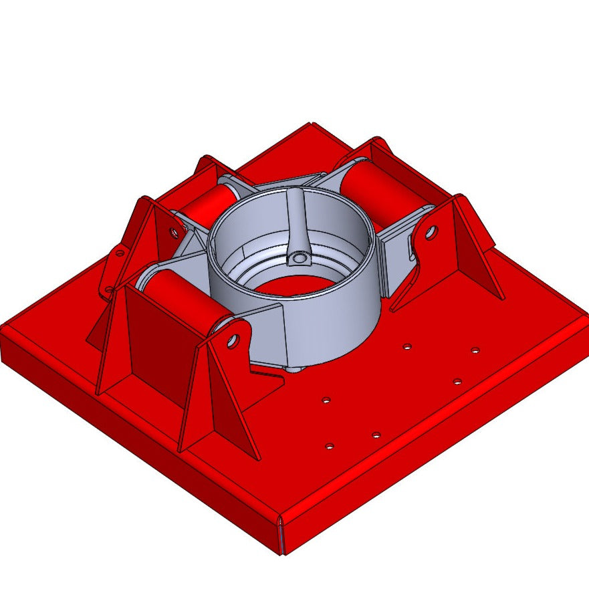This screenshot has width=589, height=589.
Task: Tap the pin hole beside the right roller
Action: click(431, 233)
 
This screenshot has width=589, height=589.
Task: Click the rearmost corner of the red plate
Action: click(310, 124)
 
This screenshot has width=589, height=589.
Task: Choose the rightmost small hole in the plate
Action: click(475, 350)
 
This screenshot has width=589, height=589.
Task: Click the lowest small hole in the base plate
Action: click(329, 445)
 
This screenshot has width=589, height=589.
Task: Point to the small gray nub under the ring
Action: click(295, 368)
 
